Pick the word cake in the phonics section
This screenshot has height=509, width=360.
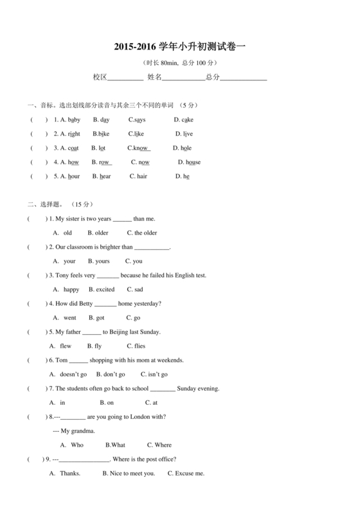(187, 120)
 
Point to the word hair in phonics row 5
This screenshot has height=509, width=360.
(141, 176)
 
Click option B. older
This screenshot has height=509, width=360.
(98, 233)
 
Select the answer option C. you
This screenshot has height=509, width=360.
(134, 261)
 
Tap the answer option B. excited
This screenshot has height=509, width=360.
(102, 289)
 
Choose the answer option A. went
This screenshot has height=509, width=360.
(65, 317)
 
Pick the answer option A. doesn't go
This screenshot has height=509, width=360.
(68, 374)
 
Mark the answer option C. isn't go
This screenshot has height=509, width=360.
(154, 374)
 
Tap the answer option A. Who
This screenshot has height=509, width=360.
(73, 445)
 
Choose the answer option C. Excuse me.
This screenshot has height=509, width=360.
(186, 473)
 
